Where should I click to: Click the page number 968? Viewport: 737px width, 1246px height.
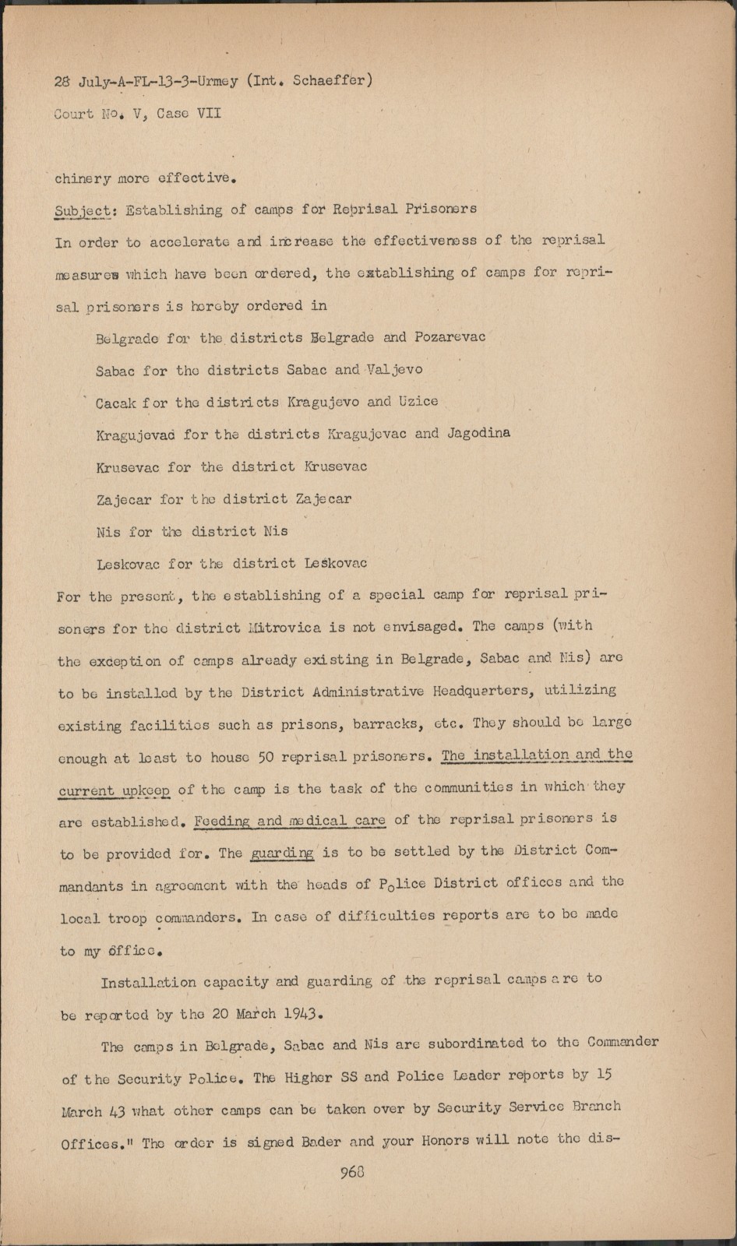point(353,1172)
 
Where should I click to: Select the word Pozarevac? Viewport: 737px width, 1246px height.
point(450,337)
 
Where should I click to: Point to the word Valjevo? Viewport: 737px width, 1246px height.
point(394,370)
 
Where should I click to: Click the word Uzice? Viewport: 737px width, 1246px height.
point(418,402)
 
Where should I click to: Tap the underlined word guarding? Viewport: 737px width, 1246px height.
point(281,853)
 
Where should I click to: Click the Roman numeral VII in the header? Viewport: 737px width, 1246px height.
point(208,114)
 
